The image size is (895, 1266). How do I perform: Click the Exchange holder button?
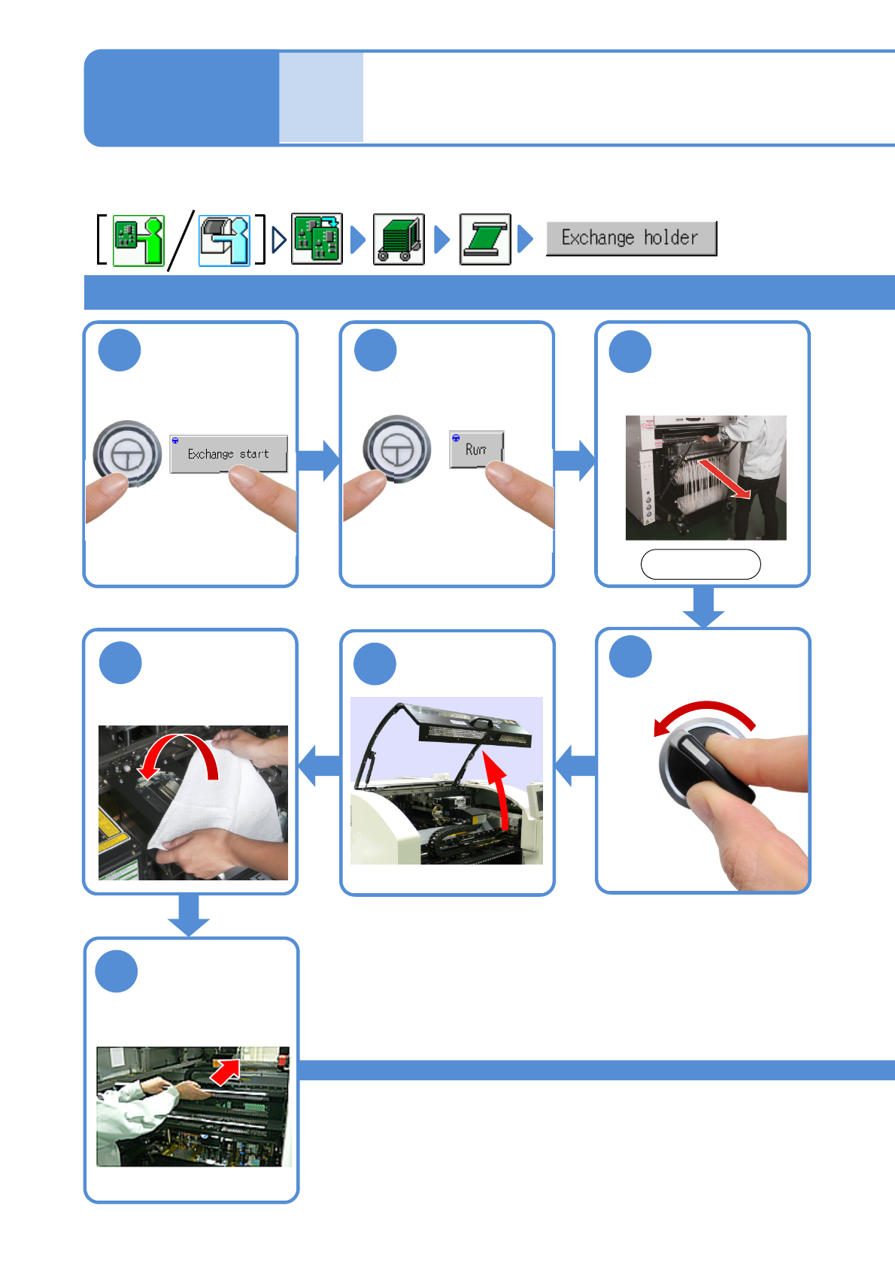[x=631, y=238]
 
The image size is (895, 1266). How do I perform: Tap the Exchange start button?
[x=229, y=453]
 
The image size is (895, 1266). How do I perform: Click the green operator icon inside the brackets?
[x=138, y=241]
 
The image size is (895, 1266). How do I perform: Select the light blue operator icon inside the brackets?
[x=224, y=241]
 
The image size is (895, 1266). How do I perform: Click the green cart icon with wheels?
[x=399, y=239]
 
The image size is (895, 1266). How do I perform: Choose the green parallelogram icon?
[x=485, y=239]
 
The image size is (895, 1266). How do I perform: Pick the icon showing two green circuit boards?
[x=317, y=238]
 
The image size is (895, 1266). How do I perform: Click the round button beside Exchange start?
[x=127, y=453]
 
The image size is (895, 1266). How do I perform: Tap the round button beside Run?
[x=397, y=450]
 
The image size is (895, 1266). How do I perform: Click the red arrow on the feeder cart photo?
[x=724, y=478]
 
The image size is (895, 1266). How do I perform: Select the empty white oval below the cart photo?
[x=700, y=564]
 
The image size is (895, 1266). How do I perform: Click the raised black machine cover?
[x=474, y=725]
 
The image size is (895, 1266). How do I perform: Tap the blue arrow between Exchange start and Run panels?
[x=318, y=460]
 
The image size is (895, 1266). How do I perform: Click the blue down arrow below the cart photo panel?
[x=703, y=607]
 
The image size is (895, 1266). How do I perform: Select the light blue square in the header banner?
[x=321, y=97]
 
